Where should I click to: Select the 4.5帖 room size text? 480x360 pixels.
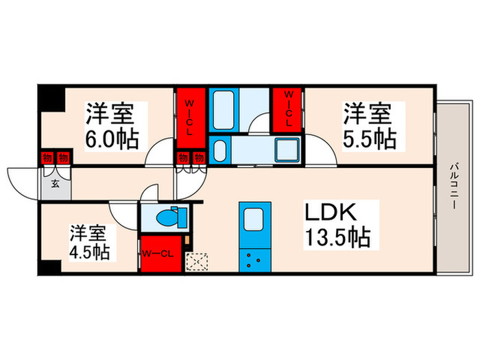(x=88, y=252)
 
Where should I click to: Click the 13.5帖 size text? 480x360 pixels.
(x=339, y=239)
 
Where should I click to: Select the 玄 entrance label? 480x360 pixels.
(x=54, y=183)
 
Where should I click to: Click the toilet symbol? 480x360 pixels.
(x=167, y=218)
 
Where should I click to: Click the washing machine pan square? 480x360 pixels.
(x=286, y=149)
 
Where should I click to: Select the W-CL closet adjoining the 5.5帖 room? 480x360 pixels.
(x=288, y=108)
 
